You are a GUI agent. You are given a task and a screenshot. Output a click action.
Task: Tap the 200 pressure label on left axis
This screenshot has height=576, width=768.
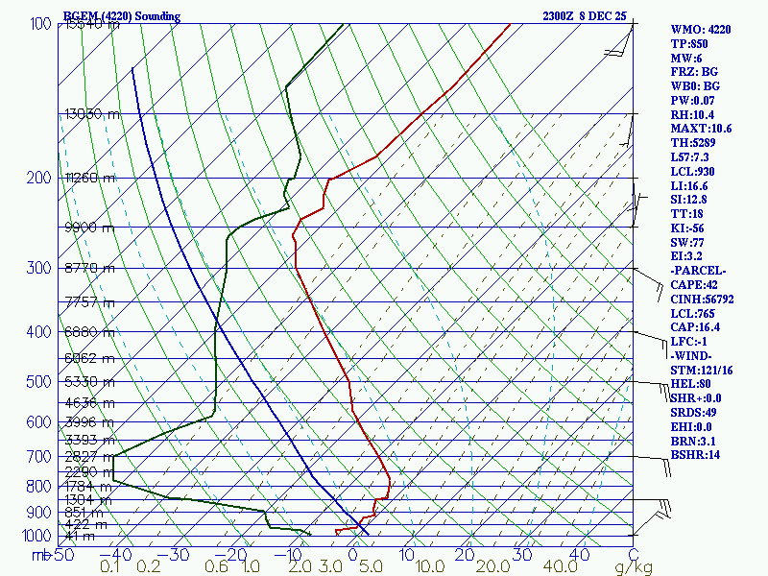(x=38, y=179)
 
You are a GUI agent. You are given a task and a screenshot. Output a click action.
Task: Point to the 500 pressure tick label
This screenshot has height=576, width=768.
(x=38, y=382)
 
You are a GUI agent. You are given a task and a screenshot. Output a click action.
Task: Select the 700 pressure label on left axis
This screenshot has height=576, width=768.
(x=38, y=457)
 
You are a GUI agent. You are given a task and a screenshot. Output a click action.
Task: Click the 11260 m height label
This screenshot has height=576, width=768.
(x=89, y=178)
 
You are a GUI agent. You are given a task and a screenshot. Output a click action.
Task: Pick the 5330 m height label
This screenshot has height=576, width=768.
(x=89, y=382)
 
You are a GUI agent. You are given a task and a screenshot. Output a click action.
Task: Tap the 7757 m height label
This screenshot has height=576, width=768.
(x=89, y=302)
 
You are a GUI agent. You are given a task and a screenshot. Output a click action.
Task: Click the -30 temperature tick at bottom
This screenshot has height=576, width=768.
(x=180, y=554)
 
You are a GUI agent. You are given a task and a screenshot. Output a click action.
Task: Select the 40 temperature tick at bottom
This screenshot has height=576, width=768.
(x=579, y=554)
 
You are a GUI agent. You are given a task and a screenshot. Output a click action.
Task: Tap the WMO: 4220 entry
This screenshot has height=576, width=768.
(x=700, y=30)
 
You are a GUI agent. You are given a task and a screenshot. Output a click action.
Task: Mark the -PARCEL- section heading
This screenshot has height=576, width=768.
(x=697, y=270)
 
